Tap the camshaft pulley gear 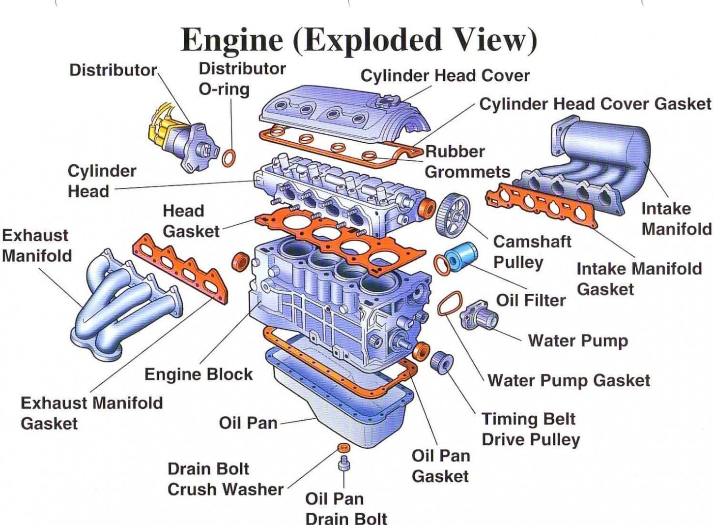point(453,215)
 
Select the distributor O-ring point(229,158)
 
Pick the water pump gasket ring point(449,304)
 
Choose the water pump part point(479,315)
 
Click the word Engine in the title point(232,40)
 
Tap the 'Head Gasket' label point(191,221)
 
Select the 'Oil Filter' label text point(531,300)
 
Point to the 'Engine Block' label point(198,374)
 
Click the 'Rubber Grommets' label point(467,161)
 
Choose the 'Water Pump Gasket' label point(569,380)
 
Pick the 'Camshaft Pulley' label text point(532,251)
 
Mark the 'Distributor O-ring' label point(242,79)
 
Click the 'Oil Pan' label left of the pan point(248,423)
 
